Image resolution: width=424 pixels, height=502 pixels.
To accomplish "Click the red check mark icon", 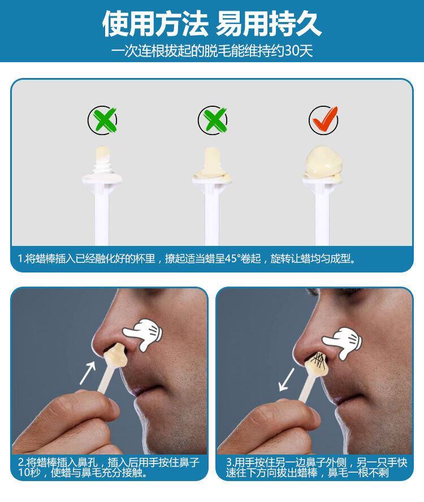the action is pyautogui.click(x=324, y=119).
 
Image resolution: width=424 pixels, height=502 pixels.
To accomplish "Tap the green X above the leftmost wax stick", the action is pyautogui.click(x=103, y=120).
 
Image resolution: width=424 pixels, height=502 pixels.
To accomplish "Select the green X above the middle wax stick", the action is pyautogui.click(x=213, y=120).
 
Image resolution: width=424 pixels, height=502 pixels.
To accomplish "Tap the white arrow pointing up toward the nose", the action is pyautogui.click(x=88, y=373).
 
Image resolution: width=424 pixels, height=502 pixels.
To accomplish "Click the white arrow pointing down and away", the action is pyautogui.click(x=286, y=380).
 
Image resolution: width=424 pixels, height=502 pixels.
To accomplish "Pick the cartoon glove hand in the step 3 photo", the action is pyautogui.click(x=342, y=343).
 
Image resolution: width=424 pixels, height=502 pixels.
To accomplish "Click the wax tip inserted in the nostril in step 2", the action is pyautogui.click(x=115, y=355).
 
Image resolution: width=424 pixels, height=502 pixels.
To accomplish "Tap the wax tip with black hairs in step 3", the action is pyautogui.click(x=317, y=363).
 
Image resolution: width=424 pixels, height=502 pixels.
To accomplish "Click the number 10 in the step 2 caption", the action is pyautogui.click(x=24, y=473).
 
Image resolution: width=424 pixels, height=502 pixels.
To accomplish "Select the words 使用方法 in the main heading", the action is pyautogui.click(x=155, y=24).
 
